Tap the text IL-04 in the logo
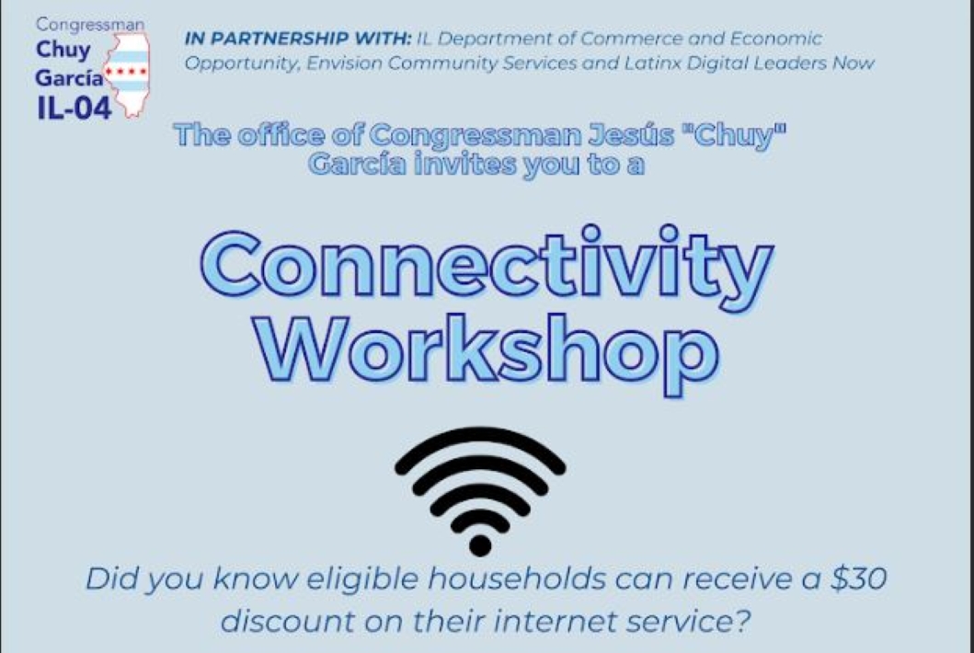coord(74,108)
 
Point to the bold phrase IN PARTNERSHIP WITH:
coord(298,39)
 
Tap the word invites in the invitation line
coord(464,165)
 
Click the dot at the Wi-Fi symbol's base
coord(480,544)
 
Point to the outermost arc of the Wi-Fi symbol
coord(480,437)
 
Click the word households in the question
coord(516,579)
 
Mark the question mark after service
coord(743,621)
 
